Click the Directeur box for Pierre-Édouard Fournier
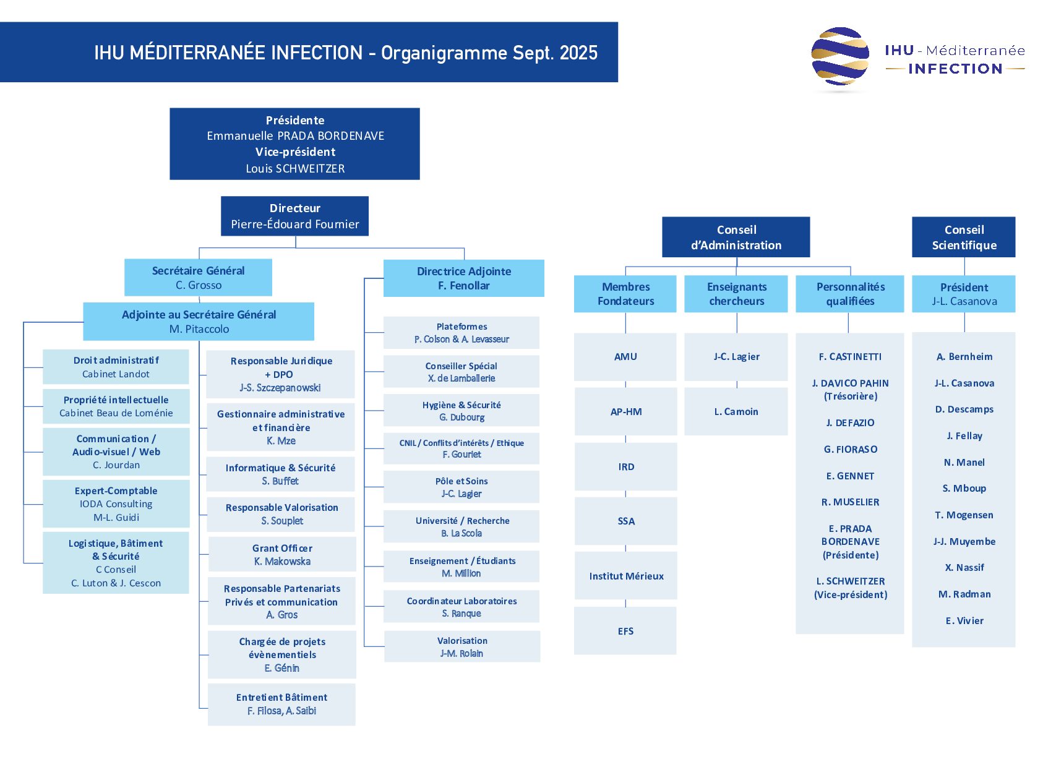[x=294, y=216]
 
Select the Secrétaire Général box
[x=198, y=277]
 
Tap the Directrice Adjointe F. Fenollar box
[x=464, y=278]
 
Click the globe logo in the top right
[x=840, y=56]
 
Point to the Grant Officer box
[x=282, y=554]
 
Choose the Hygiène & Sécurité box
[x=461, y=411]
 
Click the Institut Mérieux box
[x=626, y=575]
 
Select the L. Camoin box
[x=736, y=411]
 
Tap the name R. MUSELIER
[x=851, y=502]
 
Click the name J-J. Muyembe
[x=964, y=541]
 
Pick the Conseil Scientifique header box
[x=964, y=237]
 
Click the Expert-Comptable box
[x=116, y=503]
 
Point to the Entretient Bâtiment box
[x=281, y=704]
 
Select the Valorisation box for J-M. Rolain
[x=462, y=646]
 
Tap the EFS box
[x=625, y=630]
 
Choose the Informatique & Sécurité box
[x=280, y=474]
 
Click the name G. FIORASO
[x=851, y=449]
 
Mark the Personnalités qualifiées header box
[x=850, y=294]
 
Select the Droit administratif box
[x=116, y=367]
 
